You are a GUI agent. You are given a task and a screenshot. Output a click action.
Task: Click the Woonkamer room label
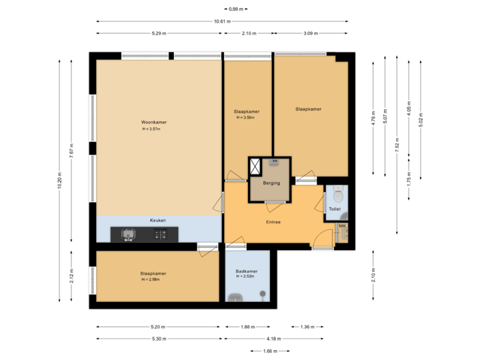click(153, 123)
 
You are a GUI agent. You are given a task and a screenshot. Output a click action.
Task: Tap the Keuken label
click(157, 220)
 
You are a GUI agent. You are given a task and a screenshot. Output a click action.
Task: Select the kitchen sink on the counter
click(128, 234)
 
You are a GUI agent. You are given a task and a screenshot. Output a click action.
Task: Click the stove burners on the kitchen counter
click(161, 234)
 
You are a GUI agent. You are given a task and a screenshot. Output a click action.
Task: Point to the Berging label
click(271, 183)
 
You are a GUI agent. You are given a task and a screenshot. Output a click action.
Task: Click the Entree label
click(273, 222)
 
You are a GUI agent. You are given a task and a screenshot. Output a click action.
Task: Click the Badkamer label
click(247, 271)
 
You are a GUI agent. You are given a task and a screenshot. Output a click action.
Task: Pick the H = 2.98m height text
click(153, 279)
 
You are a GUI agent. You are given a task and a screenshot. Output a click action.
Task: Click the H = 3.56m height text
click(246, 117)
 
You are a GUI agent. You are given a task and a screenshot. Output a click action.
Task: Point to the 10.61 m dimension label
click(222, 21)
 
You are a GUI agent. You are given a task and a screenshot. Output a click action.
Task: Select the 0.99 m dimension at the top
click(235, 9)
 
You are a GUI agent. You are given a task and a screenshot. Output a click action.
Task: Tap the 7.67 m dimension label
click(72, 151)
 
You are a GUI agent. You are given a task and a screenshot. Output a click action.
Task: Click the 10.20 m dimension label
click(59, 181)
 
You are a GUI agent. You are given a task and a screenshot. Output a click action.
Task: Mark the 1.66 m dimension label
click(270, 351)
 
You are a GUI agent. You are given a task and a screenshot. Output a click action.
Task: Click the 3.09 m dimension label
click(311, 33)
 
